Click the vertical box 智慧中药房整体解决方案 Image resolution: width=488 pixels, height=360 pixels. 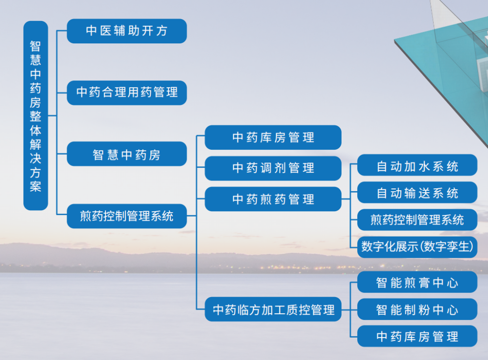(x=36, y=116)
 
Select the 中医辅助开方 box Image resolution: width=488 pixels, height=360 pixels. (x=127, y=31)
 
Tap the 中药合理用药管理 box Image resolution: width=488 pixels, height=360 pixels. (x=127, y=93)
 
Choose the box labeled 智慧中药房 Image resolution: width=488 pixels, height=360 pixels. (x=127, y=154)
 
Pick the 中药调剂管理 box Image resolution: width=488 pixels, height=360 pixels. (x=273, y=168)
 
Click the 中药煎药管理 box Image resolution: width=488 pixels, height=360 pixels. (x=273, y=199)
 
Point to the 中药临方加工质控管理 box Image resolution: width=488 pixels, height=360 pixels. (x=273, y=309)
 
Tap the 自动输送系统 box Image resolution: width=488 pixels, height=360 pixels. (x=417, y=193)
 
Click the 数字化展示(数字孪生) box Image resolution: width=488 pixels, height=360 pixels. (x=417, y=247)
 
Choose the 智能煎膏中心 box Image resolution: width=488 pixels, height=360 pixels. (x=417, y=282)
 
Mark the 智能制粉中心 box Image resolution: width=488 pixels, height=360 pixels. (x=417, y=309)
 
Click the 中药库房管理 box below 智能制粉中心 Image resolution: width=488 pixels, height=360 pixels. (x=417, y=337)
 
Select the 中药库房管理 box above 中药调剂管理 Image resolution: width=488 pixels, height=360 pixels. (x=273, y=138)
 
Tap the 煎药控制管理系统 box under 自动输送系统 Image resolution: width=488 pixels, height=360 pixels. (x=417, y=220)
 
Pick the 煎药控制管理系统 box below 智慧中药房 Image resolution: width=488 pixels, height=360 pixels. (x=127, y=216)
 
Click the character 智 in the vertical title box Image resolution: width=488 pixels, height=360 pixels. (x=36, y=46)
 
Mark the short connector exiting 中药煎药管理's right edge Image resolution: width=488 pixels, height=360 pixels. (x=346, y=199)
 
